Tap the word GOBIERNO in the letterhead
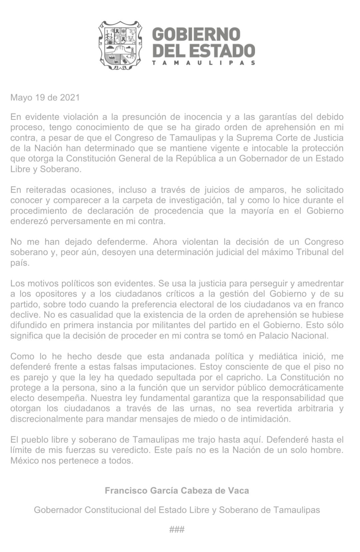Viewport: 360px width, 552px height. click(x=196, y=35)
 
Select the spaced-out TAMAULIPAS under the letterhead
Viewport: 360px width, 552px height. click(x=204, y=63)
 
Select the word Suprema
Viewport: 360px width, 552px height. click(x=260, y=138)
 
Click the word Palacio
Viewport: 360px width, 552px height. click(x=273, y=335)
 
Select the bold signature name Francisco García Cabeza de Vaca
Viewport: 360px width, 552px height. click(x=177, y=491)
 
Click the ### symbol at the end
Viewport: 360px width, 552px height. click(x=177, y=529)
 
